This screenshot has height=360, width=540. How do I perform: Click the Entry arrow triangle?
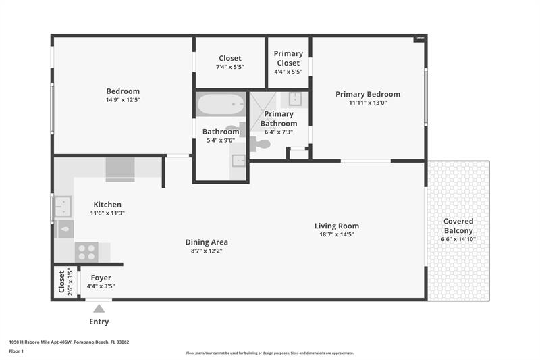[99, 308]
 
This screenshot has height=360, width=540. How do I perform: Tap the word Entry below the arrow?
[99, 322]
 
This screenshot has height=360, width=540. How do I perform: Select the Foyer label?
[101, 278]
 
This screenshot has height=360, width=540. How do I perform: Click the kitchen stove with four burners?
[86, 252]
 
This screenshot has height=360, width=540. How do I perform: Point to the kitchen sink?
[63, 207]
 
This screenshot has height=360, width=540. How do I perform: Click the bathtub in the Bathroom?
[221, 104]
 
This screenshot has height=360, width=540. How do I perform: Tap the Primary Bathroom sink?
[295, 99]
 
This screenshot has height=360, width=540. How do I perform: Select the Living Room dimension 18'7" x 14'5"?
[336, 234]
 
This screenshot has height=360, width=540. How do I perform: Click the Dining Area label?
[207, 242]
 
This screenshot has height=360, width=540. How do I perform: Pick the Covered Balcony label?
[458, 226]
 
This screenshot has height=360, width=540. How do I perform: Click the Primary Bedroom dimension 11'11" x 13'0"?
[368, 103]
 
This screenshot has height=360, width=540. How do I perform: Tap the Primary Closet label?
[288, 58]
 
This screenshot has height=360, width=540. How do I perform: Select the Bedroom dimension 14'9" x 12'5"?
[123, 100]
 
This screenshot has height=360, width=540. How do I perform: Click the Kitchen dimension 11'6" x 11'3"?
[107, 213]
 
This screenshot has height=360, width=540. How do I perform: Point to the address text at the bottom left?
[69, 342]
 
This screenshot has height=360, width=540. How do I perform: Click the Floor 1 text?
[16, 351]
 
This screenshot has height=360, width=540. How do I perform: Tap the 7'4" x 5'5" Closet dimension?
[230, 67]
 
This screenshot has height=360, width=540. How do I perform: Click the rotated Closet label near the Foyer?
[61, 282]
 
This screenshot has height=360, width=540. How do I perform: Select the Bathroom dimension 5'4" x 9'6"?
[221, 140]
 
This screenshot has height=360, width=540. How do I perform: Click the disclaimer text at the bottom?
[270, 353]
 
